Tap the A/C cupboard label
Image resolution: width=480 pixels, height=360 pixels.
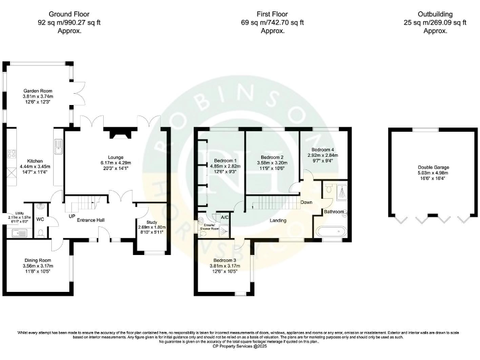pyautogui.click(x=224, y=216)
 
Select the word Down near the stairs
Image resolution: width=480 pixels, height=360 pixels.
pyautogui.click(x=306, y=202)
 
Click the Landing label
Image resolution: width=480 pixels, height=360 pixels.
pyautogui.click(x=278, y=220)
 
